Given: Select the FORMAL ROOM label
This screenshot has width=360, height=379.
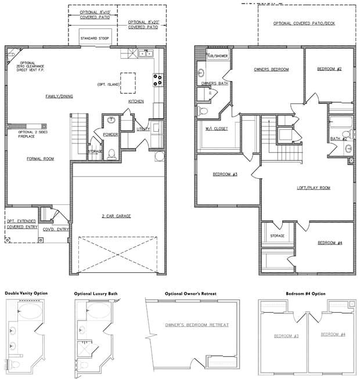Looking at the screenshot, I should click(40, 158).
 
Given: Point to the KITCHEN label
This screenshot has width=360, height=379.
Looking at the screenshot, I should click(136, 101).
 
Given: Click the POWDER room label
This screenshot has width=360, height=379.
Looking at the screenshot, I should click(110, 134).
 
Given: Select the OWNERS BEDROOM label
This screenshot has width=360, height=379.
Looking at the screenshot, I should click(271, 69).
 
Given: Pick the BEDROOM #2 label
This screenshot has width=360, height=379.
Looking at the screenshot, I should click(329, 69).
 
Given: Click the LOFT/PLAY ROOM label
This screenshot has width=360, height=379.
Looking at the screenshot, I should click(314, 187).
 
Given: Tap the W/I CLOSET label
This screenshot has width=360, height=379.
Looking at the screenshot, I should click(213, 128).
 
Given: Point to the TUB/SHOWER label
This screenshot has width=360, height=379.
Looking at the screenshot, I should click(208, 56).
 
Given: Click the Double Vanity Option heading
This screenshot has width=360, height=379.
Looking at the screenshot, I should click(26, 294).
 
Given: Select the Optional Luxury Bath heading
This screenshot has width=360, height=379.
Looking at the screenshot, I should click(96, 294).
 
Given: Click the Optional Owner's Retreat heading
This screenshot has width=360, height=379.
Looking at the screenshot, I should click(190, 294).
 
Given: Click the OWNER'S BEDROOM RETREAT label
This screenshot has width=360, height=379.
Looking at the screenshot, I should click(197, 324).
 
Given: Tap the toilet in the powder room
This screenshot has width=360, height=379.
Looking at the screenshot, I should click(111, 154).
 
